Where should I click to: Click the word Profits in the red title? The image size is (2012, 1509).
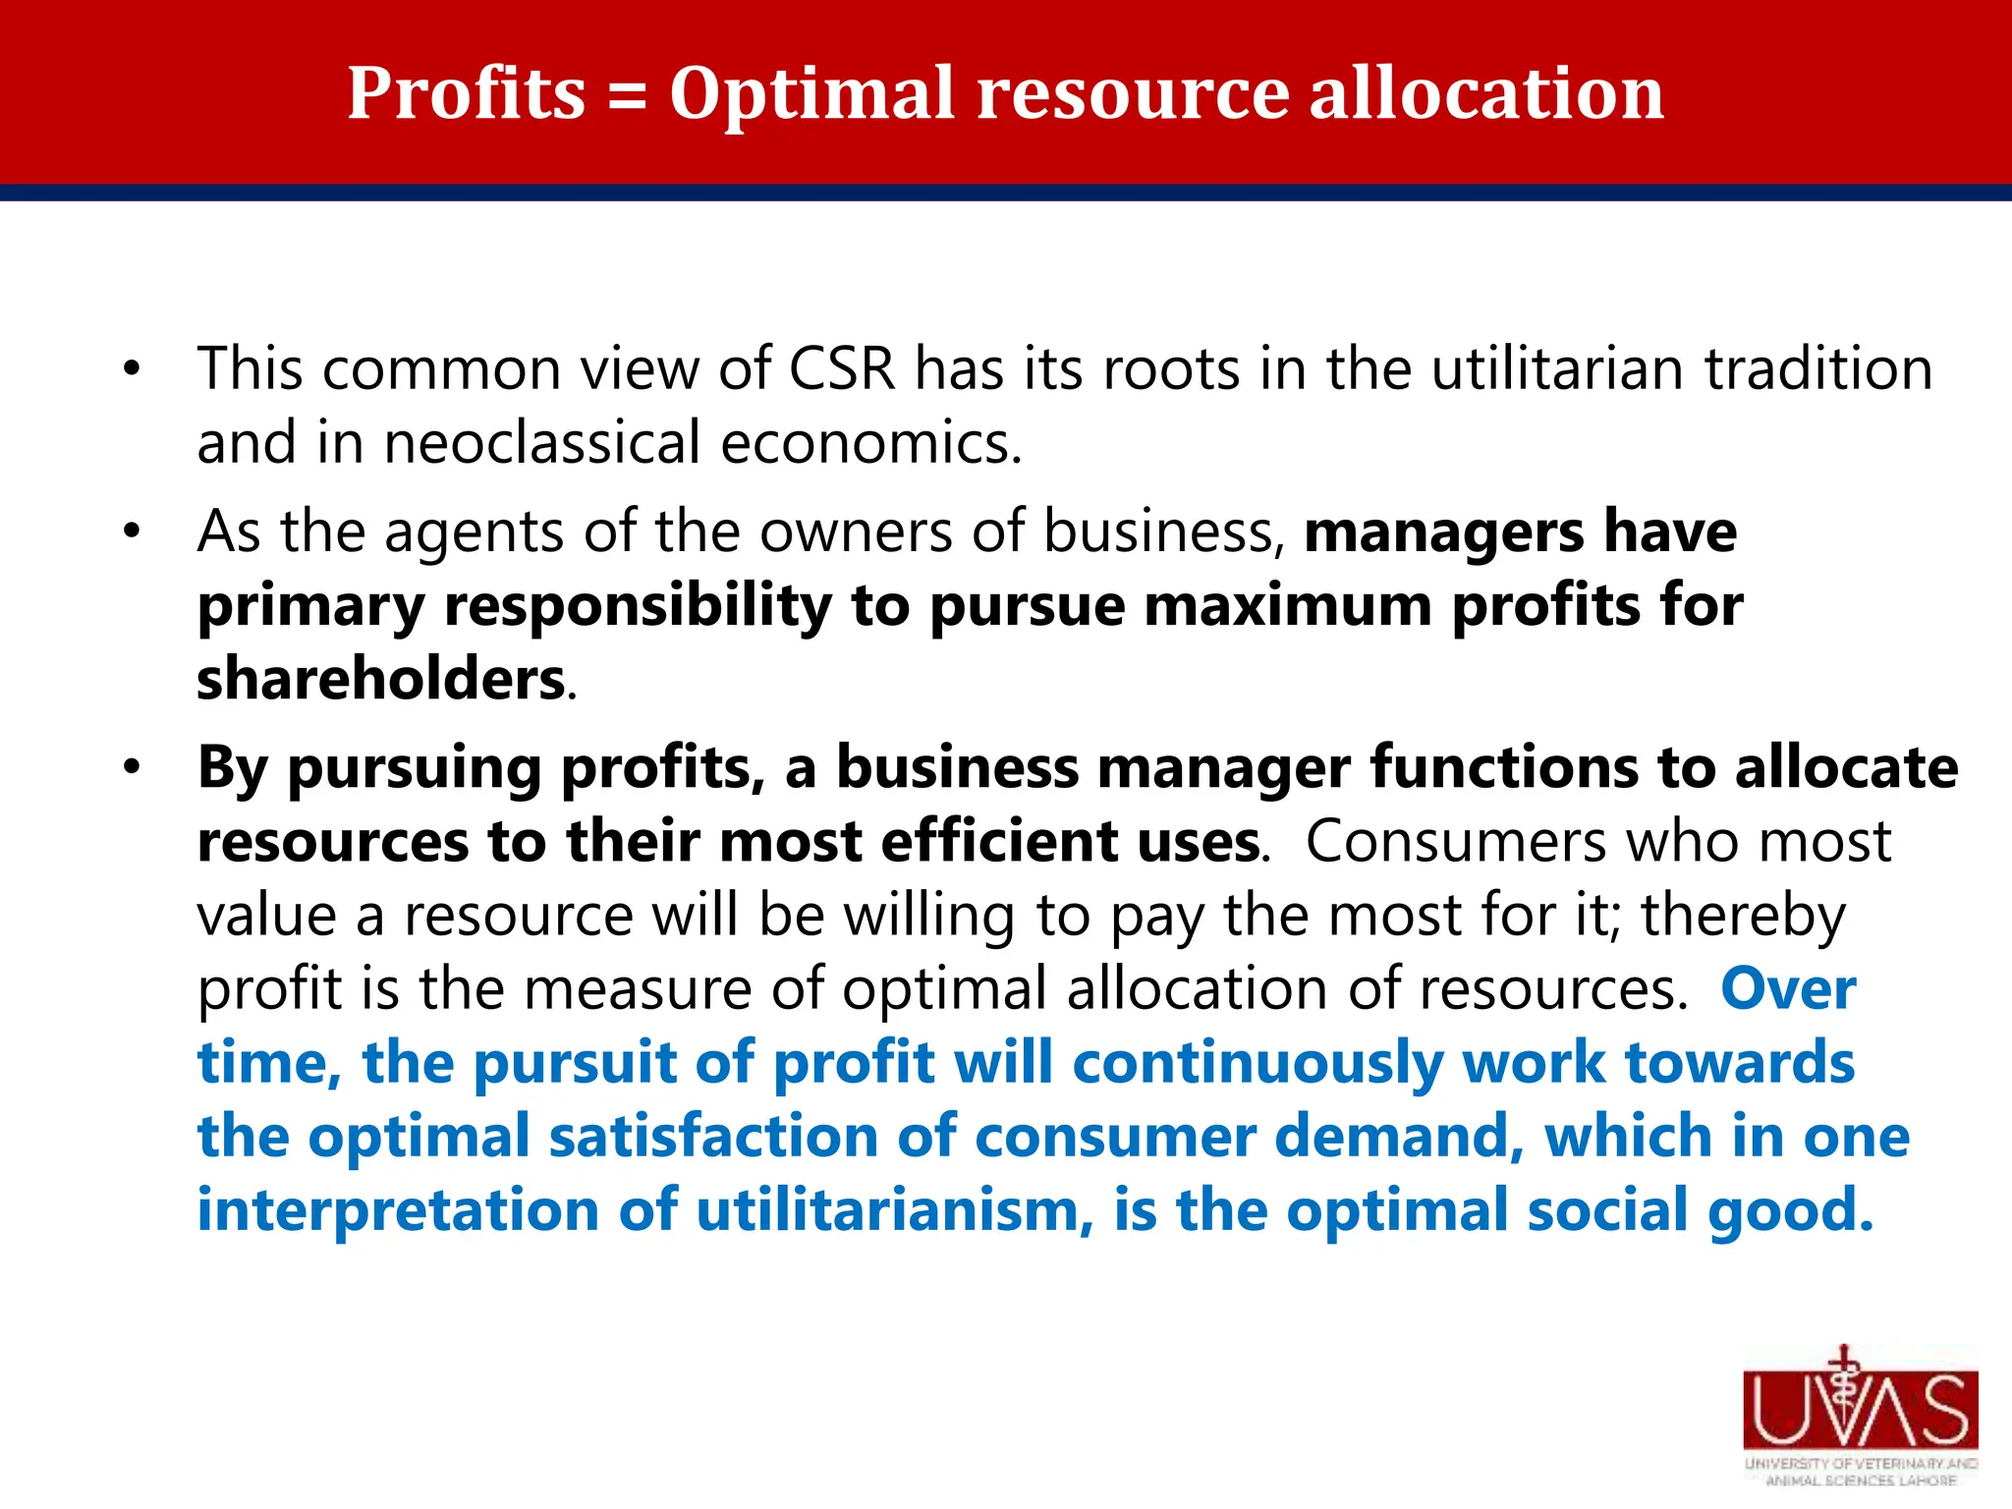(467, 93)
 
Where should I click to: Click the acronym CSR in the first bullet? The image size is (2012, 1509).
(842, 369)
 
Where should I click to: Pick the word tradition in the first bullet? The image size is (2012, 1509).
(1817, 369)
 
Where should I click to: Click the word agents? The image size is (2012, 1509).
(473, 533)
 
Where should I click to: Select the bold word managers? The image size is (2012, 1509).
(1444, 533)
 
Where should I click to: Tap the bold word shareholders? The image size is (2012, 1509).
(380, 680)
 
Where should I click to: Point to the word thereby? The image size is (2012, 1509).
(1744, 917)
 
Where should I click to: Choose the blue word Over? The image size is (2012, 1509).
(1788, 988)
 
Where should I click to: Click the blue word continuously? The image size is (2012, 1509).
(1257, 1064)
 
